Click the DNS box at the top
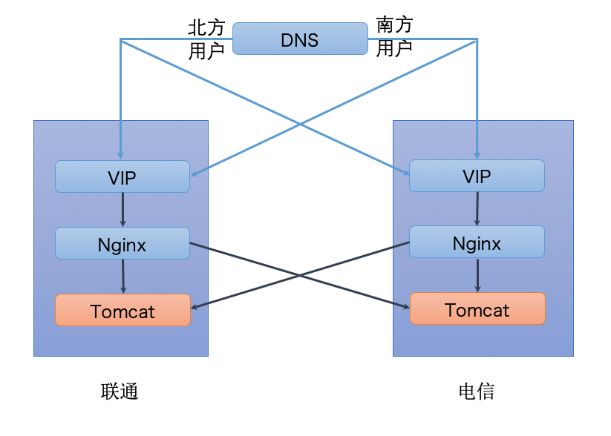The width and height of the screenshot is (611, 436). click(x=300, y=39)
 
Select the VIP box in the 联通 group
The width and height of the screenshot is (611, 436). click(x=122, y=176)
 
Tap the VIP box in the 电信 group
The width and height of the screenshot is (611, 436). click(x=477, y=176)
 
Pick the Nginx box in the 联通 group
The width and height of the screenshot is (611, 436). click(x=122, y=243)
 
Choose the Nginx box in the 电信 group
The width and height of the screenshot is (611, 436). click(x=477, y=242)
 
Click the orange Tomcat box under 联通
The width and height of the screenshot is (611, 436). click(x=122, y=310)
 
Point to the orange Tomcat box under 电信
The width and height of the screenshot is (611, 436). click(x=477, y=308)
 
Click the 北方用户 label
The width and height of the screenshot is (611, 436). click(x=206, y=39)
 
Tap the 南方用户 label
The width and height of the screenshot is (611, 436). click(x=394, y=37)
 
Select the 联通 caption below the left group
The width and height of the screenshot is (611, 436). click(x=120, y=391)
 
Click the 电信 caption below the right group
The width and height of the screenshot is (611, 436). click(x=477, y=391)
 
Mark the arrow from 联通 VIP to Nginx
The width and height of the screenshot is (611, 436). click(x=122, y=210)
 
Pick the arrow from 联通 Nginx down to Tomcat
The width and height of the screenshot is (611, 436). click(x=123, y=277)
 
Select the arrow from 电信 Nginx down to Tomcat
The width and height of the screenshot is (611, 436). click(x=477, y=275)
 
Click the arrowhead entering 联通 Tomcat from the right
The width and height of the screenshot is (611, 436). click(x=195, y=306)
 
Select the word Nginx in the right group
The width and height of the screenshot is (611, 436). click(x=477, y=242)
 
